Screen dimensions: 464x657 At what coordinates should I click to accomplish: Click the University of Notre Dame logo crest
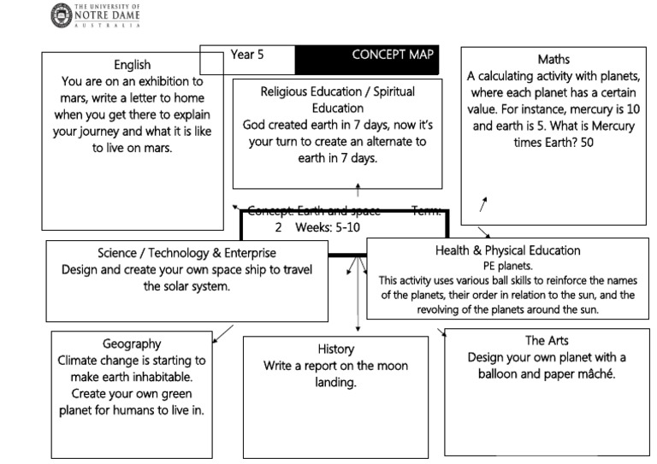62,15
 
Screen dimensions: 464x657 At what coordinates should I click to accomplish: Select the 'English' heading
132,65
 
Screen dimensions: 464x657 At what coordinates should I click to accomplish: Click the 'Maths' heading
553,59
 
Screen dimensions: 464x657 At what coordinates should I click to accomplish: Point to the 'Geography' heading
132,344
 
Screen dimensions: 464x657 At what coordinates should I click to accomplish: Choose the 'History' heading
335,349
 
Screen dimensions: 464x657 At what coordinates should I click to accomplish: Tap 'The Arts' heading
547,340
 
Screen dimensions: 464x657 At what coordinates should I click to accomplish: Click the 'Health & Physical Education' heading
507,250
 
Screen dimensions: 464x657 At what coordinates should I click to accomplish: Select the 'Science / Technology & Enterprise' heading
186,253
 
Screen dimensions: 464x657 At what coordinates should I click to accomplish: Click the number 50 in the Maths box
584,143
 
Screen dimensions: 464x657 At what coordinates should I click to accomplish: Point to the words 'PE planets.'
507,266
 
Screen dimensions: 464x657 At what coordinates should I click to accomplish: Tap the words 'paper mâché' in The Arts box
581,373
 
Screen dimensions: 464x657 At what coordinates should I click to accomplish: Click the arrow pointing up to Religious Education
358,190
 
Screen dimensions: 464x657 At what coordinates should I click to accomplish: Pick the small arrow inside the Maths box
483,204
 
